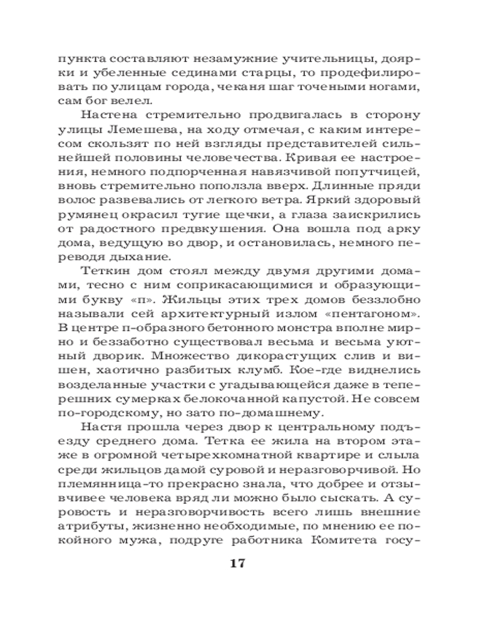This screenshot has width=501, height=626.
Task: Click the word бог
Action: (x=96, y=101)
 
